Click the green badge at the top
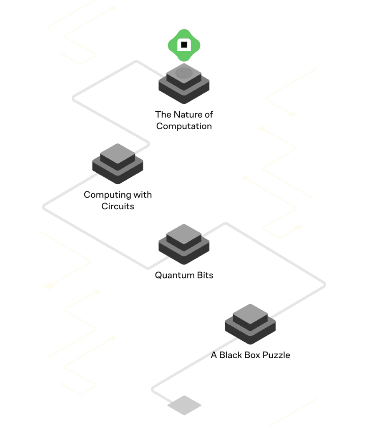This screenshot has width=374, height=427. tap(184, 45)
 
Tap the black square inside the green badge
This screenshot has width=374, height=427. tap(184, 44)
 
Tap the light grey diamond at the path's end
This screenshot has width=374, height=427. tap(184, 405)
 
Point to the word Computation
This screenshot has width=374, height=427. tap(184, 126)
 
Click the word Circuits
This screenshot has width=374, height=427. tap(118, 206)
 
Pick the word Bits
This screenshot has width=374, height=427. tap(204, 275)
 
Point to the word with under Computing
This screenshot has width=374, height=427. tap(142, 195)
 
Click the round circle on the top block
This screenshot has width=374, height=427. tap(184, 73)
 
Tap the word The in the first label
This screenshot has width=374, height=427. tap(163, 114)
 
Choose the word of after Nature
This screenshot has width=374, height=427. tap(208, 114)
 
